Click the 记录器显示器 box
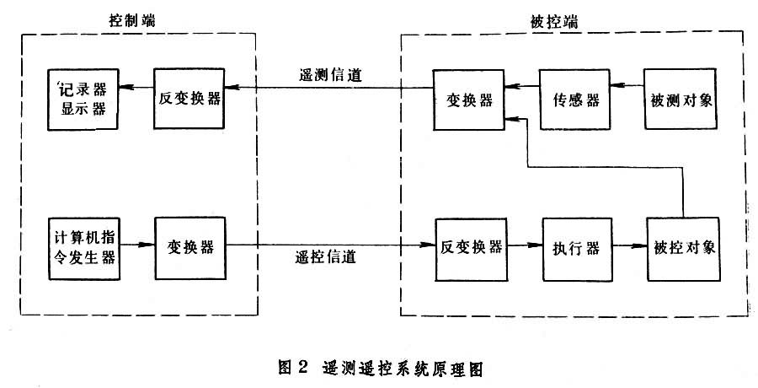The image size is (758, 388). (83, 100)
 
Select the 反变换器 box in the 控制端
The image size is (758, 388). (189, 100)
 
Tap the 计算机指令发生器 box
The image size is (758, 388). (82, 247)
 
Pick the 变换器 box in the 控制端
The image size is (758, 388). (190, 247)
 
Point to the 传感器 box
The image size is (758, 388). (575, 100)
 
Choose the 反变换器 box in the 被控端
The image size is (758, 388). (472, 248)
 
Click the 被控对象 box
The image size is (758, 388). (684, 248)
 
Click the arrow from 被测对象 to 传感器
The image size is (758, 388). (628, 86)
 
